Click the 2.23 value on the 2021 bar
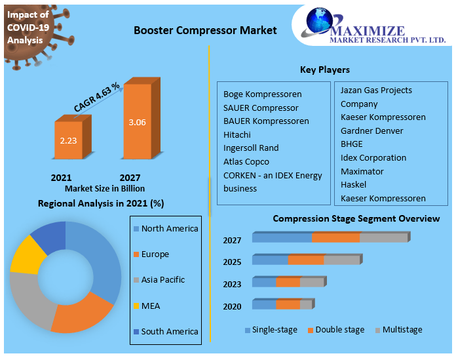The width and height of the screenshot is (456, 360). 68,140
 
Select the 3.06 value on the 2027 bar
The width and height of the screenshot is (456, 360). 138,122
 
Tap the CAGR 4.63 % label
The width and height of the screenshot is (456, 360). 96,97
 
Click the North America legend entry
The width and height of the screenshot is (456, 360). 166,229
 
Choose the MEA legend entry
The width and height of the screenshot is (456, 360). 147,306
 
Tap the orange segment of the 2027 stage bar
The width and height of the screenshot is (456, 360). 336,237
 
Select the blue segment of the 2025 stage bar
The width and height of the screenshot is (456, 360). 270,260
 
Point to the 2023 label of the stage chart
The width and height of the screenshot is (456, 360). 232,284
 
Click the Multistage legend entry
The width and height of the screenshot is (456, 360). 399,330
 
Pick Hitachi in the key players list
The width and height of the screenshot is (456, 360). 237,134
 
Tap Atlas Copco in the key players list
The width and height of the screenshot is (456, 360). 246,161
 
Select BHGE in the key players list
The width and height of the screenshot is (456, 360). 352,144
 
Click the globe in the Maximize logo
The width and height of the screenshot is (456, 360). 320,20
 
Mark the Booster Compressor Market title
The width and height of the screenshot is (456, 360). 205,30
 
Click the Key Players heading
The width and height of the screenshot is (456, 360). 325,70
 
